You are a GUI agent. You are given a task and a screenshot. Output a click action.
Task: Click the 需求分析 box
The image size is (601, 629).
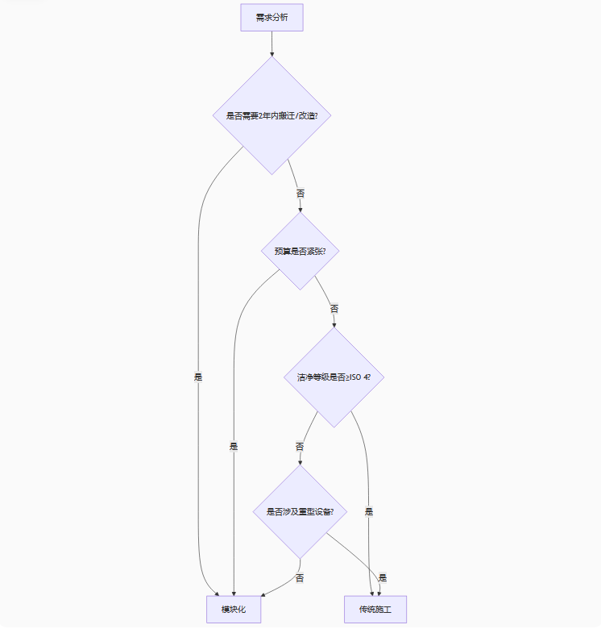(x=271, y=18)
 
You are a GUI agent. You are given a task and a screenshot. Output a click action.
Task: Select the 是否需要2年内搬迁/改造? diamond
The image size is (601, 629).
(x=271, y=115)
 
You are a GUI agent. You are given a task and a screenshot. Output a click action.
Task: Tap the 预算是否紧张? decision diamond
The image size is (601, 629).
(x=300, y=251)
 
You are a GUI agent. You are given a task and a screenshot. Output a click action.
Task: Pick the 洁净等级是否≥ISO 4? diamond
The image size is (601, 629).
(x=334, y=377)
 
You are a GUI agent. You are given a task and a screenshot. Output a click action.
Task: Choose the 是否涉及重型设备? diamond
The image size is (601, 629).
(x=300, y=511)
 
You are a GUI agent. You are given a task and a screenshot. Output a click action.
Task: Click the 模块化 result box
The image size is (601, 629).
(x=234, y=609)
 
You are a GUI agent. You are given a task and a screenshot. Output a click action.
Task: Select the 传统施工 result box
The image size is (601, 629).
(x=375, y=609)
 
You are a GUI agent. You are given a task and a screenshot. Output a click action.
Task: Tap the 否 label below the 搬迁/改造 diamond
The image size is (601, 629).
(x=300, y=194)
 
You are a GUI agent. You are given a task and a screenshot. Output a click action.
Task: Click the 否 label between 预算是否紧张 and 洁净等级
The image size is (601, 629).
(x=334, y=308)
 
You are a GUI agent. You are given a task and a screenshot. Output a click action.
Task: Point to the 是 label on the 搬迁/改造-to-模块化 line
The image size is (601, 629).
(x=198, y=377)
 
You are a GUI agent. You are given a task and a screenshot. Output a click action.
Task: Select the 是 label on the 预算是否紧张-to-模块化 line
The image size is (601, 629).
(x=234, y=446)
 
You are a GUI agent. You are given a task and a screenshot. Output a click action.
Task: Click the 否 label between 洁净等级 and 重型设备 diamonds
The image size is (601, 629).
(x=300, y=446)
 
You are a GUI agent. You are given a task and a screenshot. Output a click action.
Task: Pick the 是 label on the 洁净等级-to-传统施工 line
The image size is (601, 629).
(x=369, y=511)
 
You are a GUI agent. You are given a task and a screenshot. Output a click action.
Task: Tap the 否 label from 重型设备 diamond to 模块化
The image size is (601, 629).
(x=300, y=578)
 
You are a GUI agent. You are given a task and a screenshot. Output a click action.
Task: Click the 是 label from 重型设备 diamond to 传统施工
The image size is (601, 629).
(x=383, y=577)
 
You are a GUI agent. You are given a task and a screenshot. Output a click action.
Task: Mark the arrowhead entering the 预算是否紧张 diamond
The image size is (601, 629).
(x=300, y=209)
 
